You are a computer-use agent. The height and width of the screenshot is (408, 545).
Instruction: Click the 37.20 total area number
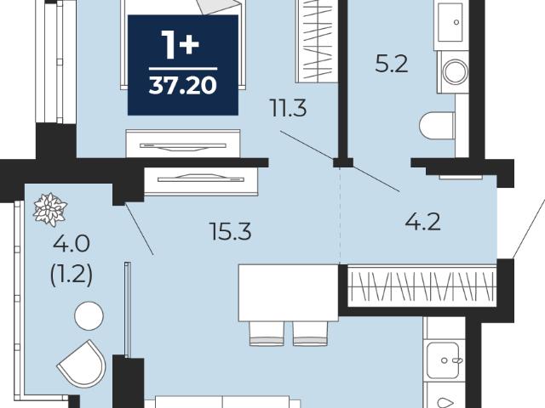[183, 85]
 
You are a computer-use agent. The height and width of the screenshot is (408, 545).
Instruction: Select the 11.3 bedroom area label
[288, 108]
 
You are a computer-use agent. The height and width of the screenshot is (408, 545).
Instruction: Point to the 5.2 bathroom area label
[392, 65]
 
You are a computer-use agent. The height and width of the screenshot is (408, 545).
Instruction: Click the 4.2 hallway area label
[422, 222]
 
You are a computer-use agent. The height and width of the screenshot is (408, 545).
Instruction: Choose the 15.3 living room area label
[231, 231]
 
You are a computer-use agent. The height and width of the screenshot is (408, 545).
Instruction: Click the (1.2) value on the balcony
[72, 275]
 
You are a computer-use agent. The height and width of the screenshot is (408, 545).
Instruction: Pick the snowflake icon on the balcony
[49, 210]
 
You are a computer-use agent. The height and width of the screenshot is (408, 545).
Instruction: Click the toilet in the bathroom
[437, 125]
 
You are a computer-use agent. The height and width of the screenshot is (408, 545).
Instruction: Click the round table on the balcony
[89, 315]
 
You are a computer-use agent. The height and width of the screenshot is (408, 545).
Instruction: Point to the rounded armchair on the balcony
[82, 364]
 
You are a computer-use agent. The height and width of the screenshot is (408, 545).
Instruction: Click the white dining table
[289, 292]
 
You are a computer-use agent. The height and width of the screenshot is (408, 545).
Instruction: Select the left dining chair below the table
[267, 333]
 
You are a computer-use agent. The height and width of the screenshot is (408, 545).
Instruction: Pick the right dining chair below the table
[310, 333]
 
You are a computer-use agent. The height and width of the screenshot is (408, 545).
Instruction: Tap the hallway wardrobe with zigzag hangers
[422, 286]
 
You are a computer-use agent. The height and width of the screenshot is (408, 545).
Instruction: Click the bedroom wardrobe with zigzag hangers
[317, 41]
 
